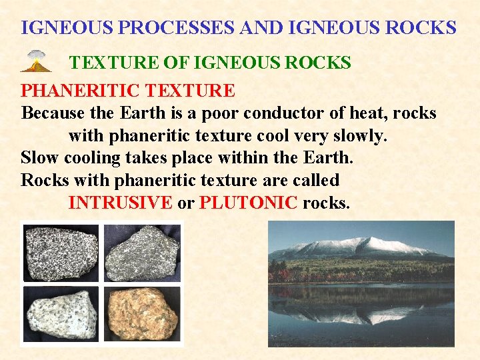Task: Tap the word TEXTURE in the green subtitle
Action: click(109, 63)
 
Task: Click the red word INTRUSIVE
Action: click(120, 203)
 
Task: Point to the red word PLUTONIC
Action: click(248, 203)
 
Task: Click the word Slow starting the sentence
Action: click(39, 158)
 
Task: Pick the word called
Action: click(315, 181)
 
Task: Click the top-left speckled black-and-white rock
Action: click(61, 253)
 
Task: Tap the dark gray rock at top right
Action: click(141, 253)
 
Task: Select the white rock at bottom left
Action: click(61, 313)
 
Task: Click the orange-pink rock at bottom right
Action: click(141, 313)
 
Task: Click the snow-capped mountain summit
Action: click(373, 243)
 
